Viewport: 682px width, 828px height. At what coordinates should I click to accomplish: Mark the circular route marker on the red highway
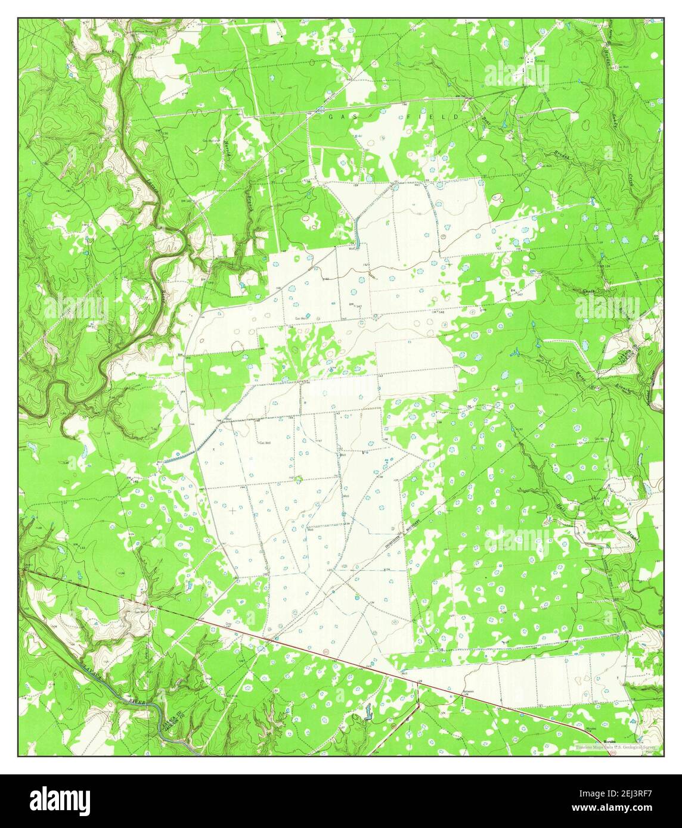[x=325, y=653]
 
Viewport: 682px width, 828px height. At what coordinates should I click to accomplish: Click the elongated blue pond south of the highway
[x=367, y=711]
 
